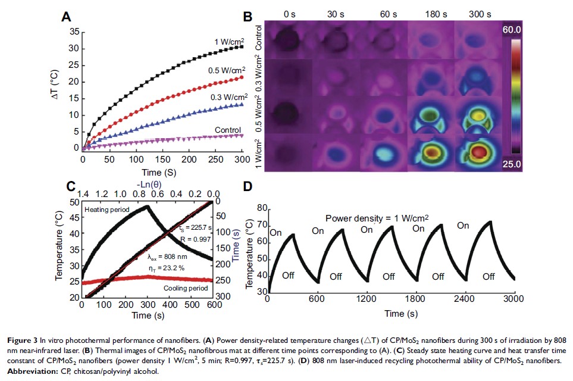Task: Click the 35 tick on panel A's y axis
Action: click(73, 32)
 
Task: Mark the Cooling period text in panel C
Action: click(185, 288)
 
